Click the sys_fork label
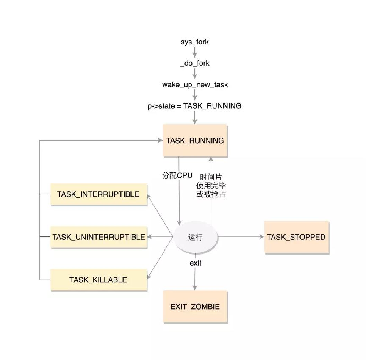(195, 42)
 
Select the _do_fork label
(195, 63)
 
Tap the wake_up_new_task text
(195, 85)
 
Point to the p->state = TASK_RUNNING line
(194, 106)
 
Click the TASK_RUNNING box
(195, 141)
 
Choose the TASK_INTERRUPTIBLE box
(99, 194)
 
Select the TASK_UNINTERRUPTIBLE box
(99, 237)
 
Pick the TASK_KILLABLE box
(99, 280)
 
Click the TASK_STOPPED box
(297, 237)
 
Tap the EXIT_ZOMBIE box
(195, 307)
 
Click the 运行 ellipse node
(195, 237)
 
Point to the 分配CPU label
(177, 175)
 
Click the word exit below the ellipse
(195, 263)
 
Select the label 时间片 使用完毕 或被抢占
(211, 186)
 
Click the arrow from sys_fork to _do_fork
(195, 52)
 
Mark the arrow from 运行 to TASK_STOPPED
(241, 237)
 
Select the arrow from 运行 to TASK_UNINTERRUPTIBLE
(160, 237)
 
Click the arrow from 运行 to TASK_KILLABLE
(160, 258)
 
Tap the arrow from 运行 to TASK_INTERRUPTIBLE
(160, 216)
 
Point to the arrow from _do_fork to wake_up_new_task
(195, 73)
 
